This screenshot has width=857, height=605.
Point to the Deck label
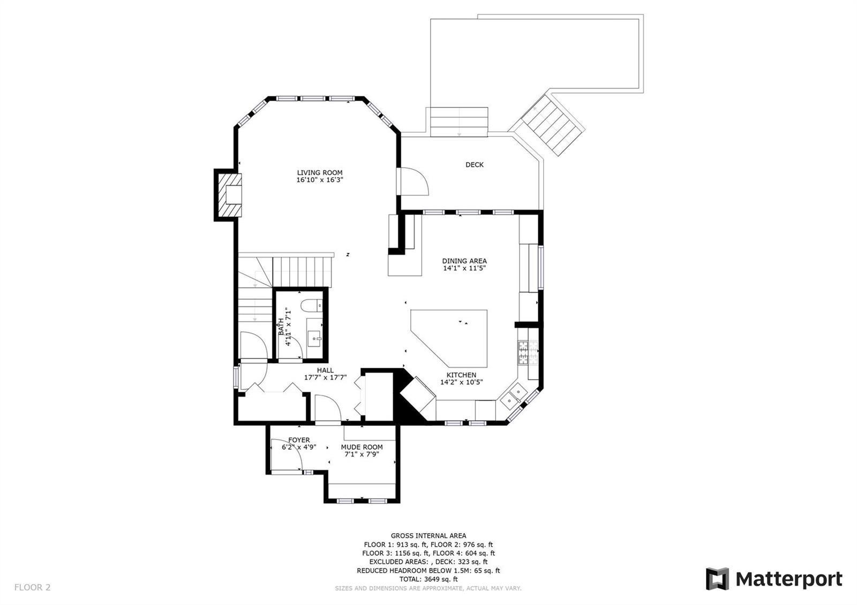(475, 165)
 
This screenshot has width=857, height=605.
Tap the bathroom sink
(315, 338)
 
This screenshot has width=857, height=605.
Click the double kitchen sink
(514, 397)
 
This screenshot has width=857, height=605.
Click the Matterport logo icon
(717, 579)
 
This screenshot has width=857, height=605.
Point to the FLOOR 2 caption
(33, 587)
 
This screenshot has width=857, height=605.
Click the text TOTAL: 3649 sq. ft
(428, 579)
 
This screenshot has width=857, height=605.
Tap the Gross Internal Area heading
(428, 536)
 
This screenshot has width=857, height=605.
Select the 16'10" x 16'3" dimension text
(320, 180)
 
